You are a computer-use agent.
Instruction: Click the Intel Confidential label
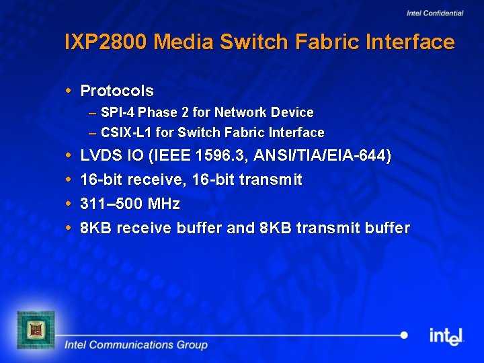click(435, 13)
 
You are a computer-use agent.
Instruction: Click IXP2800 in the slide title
click(106, 42)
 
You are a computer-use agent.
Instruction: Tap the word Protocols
click(117, 91)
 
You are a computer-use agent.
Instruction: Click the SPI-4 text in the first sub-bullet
click(118, 112)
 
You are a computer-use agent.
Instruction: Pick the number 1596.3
click(220, 156)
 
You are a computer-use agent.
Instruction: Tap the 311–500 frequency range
click(111, 204)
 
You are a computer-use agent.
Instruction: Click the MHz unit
click(163, 204)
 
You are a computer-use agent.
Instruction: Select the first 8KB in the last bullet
click(95, 228)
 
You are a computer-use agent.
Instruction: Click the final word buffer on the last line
click(388, 228)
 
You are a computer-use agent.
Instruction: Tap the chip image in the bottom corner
click(35, 329)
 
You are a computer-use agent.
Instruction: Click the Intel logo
click(446, 335)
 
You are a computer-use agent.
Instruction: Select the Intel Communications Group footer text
click(136, 345)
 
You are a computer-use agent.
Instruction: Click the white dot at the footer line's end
click(404, 335)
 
